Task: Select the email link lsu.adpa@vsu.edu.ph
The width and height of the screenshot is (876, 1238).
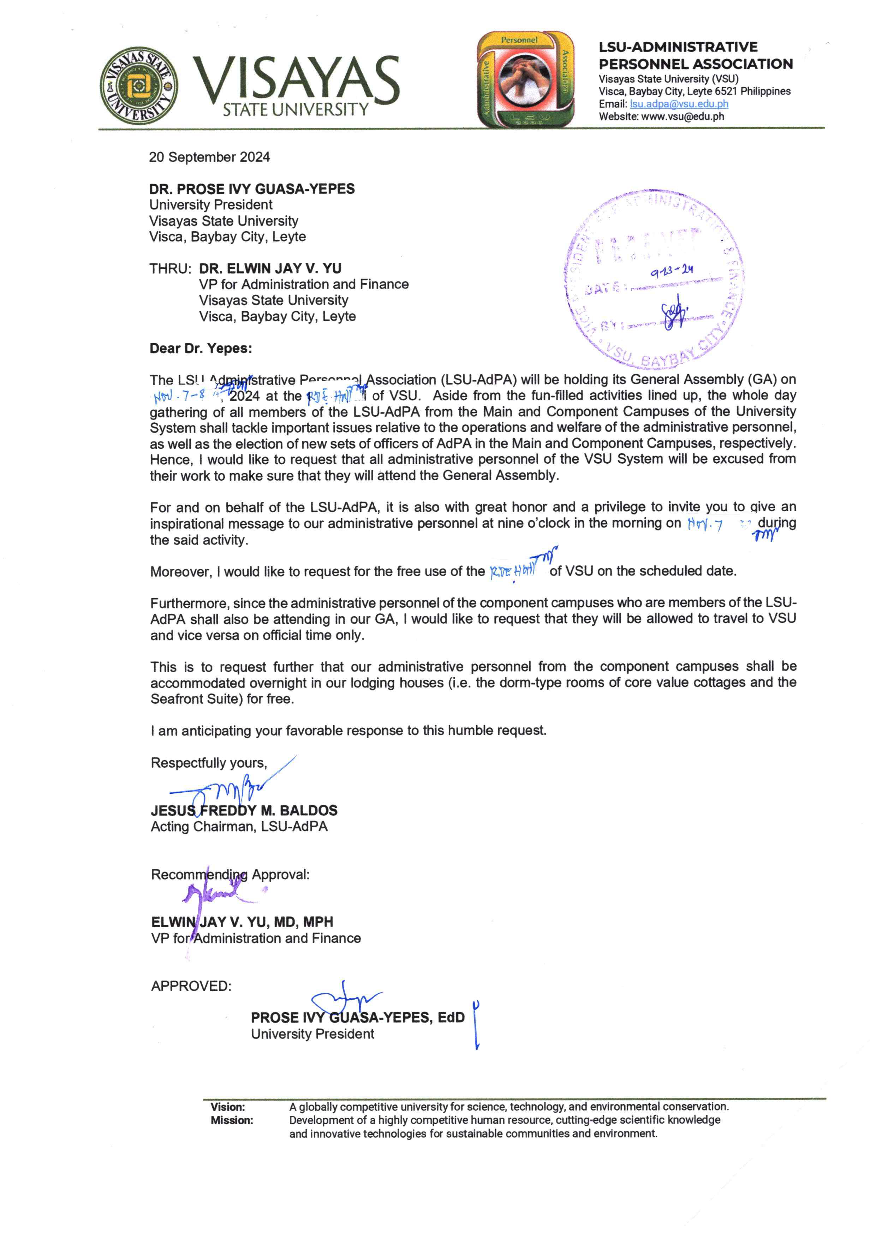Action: point(679,104)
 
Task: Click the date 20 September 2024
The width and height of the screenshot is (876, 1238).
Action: point(209,157)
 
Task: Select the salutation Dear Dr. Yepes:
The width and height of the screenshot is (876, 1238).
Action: point(201,349)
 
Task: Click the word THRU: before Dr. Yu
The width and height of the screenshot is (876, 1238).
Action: point(171,269)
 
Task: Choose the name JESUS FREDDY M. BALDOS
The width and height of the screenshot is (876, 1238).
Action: point(244,810)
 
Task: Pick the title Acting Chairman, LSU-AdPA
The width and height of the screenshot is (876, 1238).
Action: point(239,826)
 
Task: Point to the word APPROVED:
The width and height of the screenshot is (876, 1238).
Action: point(191,986)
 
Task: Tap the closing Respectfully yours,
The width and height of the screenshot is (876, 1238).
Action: point(209,763)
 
